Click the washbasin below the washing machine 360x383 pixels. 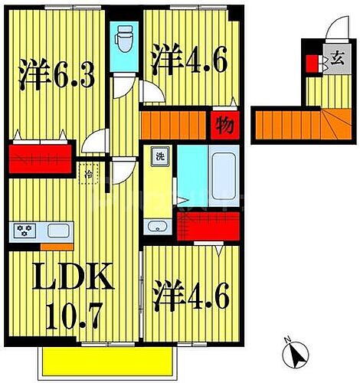pos(156,226)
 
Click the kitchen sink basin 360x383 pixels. pos(57,229)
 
